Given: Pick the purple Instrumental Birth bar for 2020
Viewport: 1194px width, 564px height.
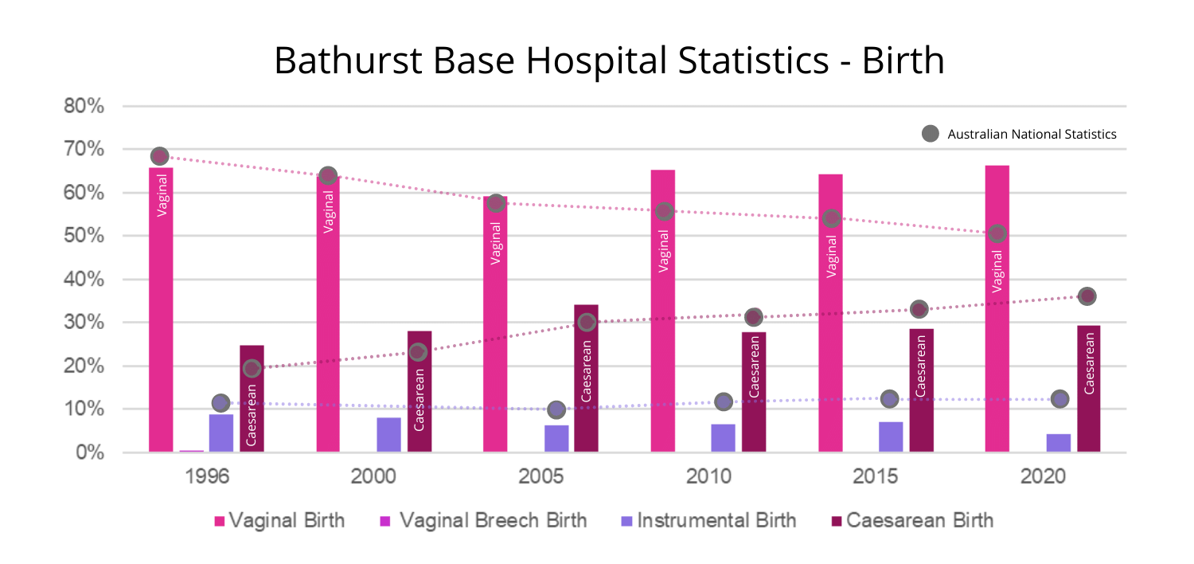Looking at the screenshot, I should coord(1058,443).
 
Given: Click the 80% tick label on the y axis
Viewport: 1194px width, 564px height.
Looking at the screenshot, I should coord(84,106).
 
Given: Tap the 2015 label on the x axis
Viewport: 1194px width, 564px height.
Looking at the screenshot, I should coord(876,477).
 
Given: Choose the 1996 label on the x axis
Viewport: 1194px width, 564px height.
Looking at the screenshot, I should coord(207,477).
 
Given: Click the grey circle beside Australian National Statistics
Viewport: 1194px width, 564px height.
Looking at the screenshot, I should coord(930,134).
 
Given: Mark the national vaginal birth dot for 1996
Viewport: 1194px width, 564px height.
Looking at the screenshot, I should coord(159,156).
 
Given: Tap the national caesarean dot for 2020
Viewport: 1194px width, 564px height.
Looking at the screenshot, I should coord(1087,296).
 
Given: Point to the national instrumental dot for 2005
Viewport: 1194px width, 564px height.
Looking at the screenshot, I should coord(556,409).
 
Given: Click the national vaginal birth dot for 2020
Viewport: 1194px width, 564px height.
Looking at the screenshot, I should coord(997,233).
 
